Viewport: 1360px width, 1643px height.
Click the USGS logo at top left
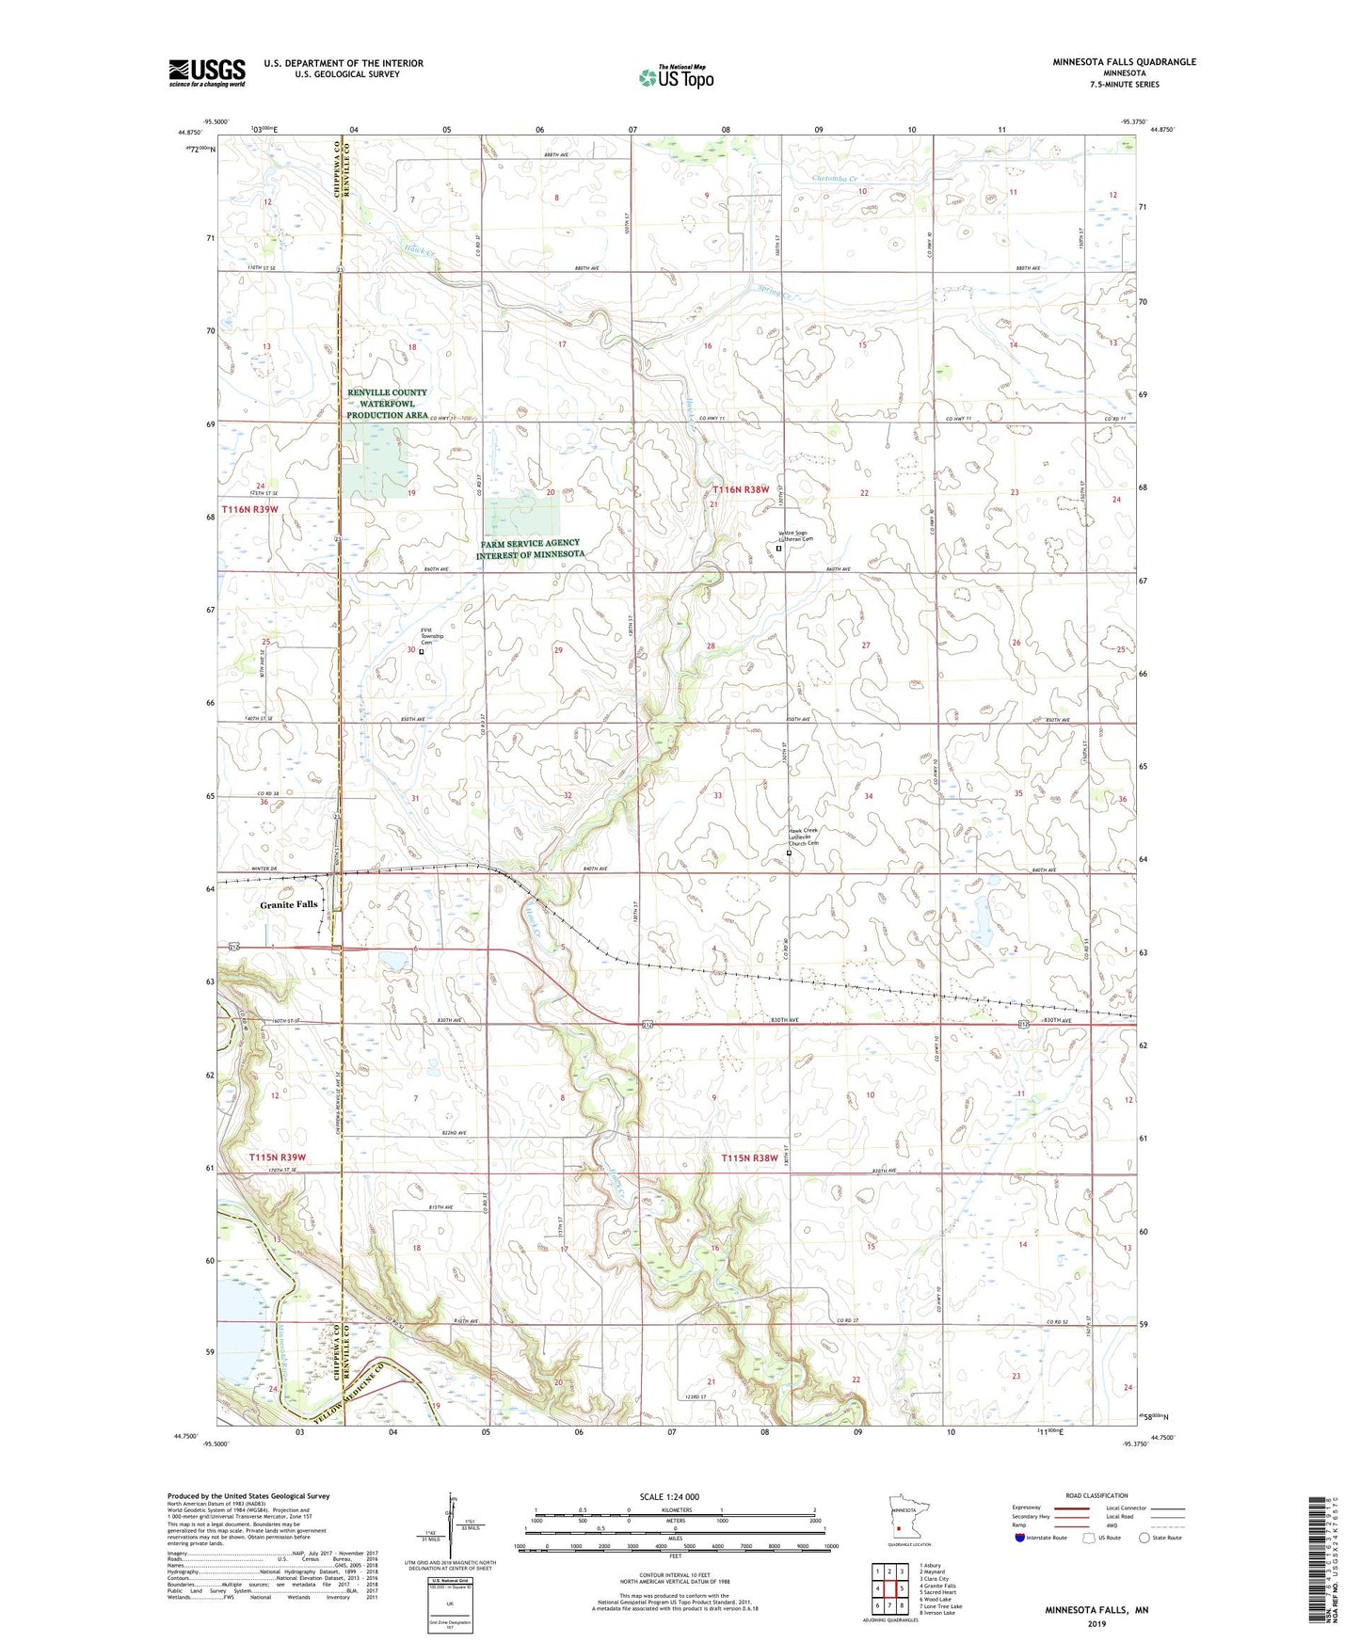[207, 72]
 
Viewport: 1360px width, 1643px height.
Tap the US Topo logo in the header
[676, 77]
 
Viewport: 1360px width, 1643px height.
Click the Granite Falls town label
[289, 904]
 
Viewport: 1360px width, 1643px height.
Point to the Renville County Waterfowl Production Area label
[387, 404]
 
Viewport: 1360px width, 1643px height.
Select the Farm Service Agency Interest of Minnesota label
[530, 550]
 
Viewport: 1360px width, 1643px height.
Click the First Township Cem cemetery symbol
[421, 651]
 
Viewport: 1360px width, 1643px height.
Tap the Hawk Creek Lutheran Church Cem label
[803, 837]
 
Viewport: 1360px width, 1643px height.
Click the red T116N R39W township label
[250, 509]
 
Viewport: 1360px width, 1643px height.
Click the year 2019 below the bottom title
[1096, 1624]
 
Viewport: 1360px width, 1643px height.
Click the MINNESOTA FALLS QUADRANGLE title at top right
[1124, 62]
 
